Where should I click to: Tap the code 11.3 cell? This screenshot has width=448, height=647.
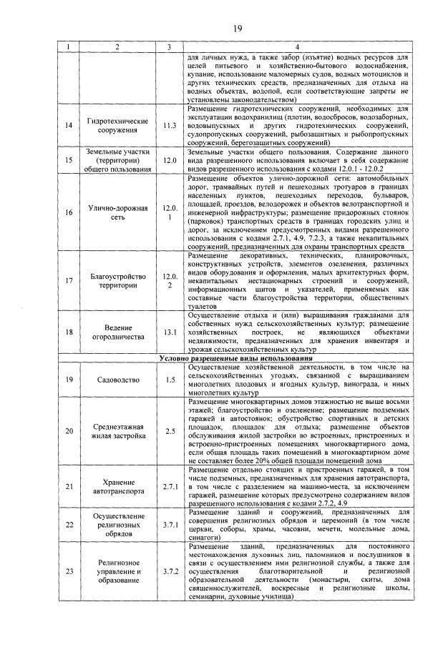tap(169, 125)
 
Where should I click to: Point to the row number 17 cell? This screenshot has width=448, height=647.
tap(68, 280)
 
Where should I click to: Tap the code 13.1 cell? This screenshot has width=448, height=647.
tap(169, 332)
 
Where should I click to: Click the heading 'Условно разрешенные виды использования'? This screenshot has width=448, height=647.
tap(235, 357)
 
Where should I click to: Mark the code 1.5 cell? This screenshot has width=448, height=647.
tap(169, 379)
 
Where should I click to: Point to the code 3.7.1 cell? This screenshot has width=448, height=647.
tap(169, 525)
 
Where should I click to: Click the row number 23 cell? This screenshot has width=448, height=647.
tap(68, 571)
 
